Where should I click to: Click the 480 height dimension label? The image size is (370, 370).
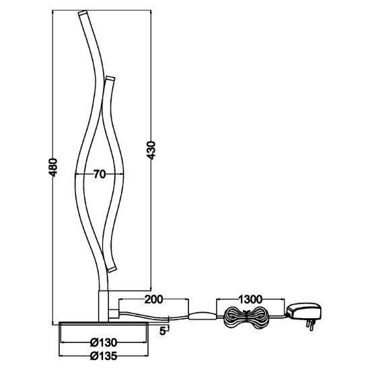52,168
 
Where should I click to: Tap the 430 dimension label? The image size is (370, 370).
151,150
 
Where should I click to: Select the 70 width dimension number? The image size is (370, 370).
100,174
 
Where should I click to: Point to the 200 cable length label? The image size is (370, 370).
153,299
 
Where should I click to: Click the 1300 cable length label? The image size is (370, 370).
250,299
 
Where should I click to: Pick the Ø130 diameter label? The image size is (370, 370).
104,342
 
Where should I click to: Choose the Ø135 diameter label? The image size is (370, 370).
104,356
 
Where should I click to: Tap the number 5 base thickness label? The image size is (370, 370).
162,331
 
